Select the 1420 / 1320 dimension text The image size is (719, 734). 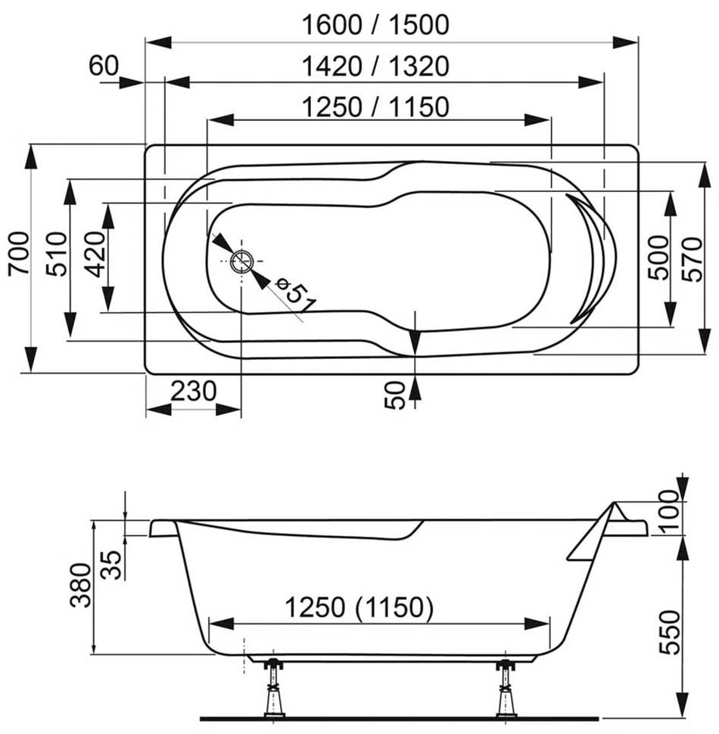[375, 66]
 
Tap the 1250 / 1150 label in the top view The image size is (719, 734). [375, 107]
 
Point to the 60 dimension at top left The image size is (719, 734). [104, 65]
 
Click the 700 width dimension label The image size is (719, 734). [20, 253]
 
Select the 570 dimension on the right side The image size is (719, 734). [693, 259]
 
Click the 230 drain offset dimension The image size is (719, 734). [193, 391]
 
